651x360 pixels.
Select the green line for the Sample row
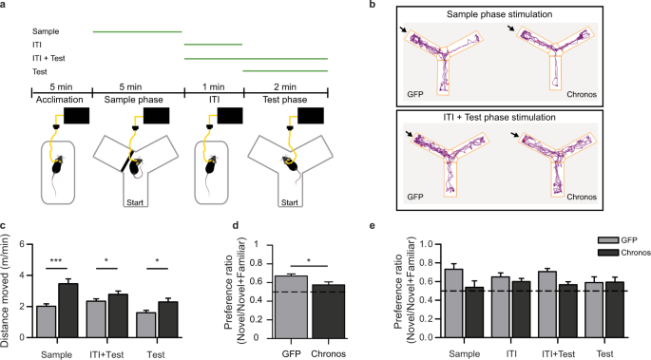click(137, 31)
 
